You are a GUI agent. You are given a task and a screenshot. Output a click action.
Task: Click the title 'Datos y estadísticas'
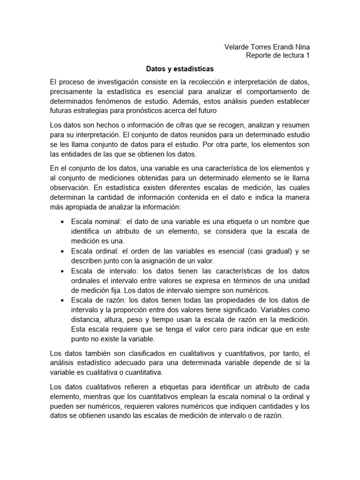(x=180, y=68)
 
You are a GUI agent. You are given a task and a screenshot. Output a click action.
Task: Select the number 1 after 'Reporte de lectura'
(x=307, y=56)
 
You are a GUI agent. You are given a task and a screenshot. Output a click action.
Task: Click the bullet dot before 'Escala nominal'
(x=63, y=221)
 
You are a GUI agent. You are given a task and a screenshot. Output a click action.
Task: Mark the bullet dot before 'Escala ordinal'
(x=63, y=251)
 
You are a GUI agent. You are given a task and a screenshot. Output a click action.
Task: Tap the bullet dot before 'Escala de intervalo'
(x=63, y=271)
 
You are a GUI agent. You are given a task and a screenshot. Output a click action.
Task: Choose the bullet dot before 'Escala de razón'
(x=63, y=300)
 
